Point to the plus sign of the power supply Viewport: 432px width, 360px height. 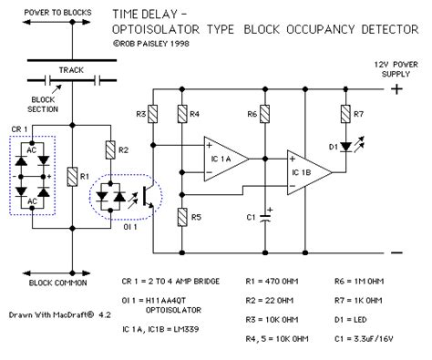point(396,90)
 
